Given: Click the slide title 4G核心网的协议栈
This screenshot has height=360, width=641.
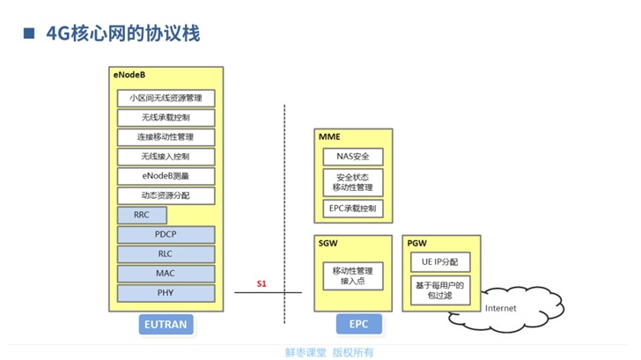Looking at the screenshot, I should pos(122,34).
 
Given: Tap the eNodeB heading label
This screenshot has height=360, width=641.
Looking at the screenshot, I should pos(129,76).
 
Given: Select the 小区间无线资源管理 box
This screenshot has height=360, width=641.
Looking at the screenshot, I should pos(166,98).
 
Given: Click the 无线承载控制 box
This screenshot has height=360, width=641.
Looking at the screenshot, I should pos(166,117).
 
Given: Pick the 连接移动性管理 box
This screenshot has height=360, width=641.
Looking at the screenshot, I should pos(166,137).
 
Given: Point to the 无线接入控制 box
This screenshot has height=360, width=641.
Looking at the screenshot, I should pos(166,157).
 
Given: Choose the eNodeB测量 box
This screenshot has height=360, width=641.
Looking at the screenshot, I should pos(166,176).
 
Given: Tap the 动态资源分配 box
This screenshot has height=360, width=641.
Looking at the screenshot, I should pos(166,195).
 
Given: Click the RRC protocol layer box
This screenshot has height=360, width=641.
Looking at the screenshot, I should pos(142,215).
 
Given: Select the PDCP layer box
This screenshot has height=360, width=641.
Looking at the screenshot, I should pos(166,234).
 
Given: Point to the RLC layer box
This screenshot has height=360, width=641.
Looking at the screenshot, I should pos(166,253).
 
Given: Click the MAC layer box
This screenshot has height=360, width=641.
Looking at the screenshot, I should pos(166,273).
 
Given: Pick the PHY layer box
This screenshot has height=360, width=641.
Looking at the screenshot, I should pos(166,292).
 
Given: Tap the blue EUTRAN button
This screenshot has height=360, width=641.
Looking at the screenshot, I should pos(165,324).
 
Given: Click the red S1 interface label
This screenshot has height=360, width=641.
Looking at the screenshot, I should pos(261,283).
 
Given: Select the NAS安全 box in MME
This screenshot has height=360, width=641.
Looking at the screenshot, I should pos(353,157).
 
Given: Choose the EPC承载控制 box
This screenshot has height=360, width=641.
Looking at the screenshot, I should pos(353,209).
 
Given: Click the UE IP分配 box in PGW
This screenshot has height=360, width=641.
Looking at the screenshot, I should pos(439,262).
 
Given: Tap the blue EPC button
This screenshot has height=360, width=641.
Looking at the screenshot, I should pos(358,324).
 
